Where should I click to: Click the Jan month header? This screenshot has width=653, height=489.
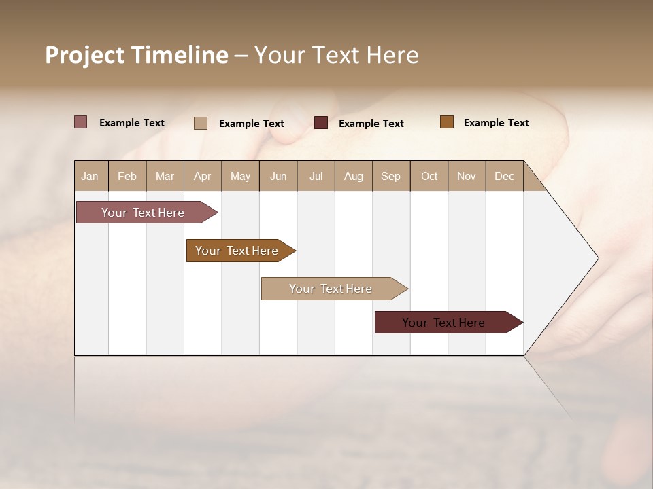[90, 176]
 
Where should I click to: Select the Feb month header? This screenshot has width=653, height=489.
[127, 176]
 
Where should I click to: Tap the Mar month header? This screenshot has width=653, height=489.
[165, 176]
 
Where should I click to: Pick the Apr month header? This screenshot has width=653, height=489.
[203, 176]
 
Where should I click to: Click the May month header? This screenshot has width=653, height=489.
[240, 176]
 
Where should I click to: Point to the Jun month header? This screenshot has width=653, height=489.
[278, 176]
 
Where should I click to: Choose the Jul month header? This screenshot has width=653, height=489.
[316, 176]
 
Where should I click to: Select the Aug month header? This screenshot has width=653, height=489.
[354, 176]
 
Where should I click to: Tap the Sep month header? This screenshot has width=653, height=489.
[391, 176]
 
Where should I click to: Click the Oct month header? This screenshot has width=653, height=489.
[429, 176]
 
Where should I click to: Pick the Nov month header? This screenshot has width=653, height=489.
[467, 176]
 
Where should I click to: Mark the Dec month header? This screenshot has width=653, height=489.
[504, 176]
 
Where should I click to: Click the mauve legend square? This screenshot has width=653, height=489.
[80, 122]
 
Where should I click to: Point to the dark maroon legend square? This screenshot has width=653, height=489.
[321, 123]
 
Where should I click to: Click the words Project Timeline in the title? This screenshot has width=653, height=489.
[137, 55]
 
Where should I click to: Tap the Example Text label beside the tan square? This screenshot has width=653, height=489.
[251, 124]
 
